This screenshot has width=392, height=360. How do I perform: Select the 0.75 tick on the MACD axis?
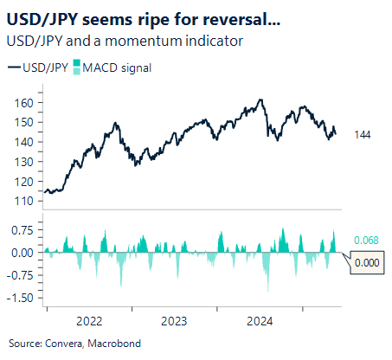[21, 230]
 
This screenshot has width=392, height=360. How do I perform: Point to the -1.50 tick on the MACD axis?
[19, 298]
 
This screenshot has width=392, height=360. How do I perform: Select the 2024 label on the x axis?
[260, 320]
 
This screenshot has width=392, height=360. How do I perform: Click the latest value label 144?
[364, 134]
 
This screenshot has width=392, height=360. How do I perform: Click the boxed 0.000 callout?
[368, 261]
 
